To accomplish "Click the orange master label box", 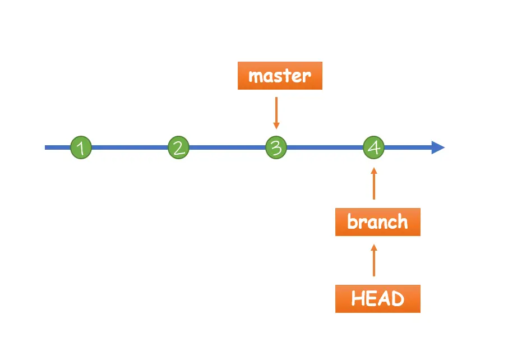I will point(280,76).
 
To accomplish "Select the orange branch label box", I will point(377,222).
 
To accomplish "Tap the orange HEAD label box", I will point(377,299).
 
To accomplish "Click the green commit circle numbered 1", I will point(81,148).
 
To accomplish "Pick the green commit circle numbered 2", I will point(178,148).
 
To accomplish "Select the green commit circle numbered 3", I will point(276,148).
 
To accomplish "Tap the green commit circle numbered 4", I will point(373,148).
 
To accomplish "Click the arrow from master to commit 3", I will point(276,112).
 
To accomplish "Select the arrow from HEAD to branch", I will point(374,261).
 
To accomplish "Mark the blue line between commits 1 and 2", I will point(130,148).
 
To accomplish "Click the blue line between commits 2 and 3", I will point(227,148).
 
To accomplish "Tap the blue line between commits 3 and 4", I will point(325,148).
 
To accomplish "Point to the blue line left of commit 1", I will point(57,148).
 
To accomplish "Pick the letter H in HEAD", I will point(358,299).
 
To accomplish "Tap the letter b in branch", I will point(353,222).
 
